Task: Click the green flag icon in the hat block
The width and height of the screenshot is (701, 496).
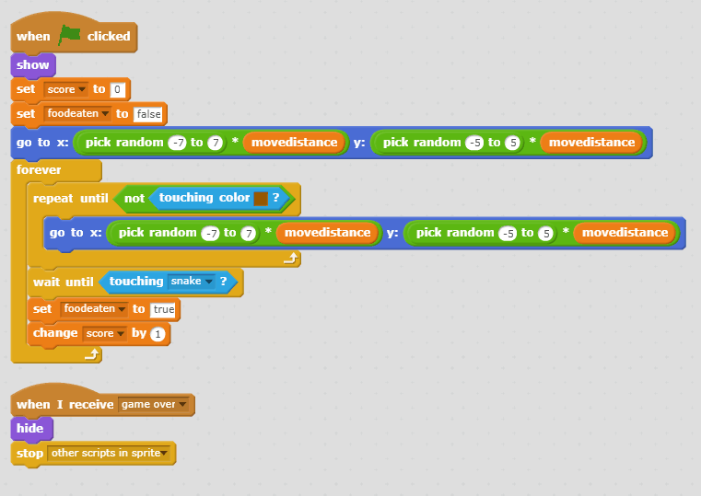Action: tap(70, 36)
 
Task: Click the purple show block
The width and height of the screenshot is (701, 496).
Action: tap(33, 65)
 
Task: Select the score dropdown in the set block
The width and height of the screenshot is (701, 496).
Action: tap(65, 89)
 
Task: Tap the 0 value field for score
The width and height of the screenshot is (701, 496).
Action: tap(117, 89)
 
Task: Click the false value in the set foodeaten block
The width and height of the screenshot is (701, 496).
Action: tap(148, 113)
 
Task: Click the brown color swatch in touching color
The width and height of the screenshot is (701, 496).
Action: tap(261, 198)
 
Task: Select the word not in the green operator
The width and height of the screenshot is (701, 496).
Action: tap(134, 198)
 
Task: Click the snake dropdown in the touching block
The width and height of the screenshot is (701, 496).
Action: tap(194, 282)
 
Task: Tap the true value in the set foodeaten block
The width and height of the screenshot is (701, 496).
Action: tap(164, 309)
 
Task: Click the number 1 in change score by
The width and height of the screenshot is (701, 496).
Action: tap(158, 333)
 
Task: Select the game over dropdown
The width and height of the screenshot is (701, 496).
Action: tap(154, 404)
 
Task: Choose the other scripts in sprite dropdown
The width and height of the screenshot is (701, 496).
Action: tap(111, 453)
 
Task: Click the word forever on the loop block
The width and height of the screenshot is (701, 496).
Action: tap(38, 170)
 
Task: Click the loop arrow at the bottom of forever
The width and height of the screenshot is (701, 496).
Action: tap(91, 352)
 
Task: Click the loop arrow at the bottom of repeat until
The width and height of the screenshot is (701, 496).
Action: tap(290, 260)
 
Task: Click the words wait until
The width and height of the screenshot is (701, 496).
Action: tap(64, 282)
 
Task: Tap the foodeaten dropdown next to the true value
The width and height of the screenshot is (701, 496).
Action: tap(93, 309)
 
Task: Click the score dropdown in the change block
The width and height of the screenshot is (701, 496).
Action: tap(103, 333)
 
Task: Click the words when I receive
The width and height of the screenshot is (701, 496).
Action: tap(64, 404)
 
